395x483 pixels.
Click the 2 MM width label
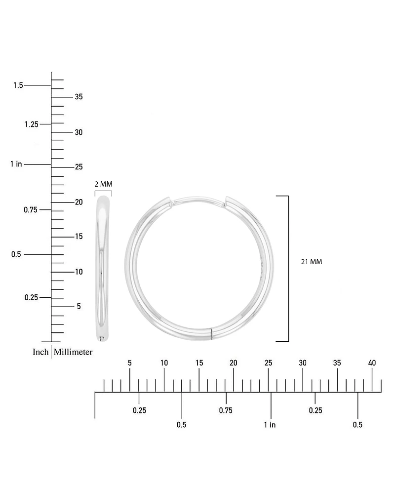tap(104, 184)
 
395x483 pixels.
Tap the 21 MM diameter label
tap(311, 262)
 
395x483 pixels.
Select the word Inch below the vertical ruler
tap(40, 352)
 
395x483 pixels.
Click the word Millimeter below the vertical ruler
tap(73, 352)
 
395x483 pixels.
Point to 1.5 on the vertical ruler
tap(18, 85)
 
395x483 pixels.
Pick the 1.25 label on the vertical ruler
tap(32, 124)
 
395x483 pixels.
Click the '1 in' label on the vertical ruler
tap(16, 164)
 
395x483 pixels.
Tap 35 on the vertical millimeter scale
tap(79, 97)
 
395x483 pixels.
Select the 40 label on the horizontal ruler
tap(372, 363)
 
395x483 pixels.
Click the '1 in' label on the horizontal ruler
tap(270, 425)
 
